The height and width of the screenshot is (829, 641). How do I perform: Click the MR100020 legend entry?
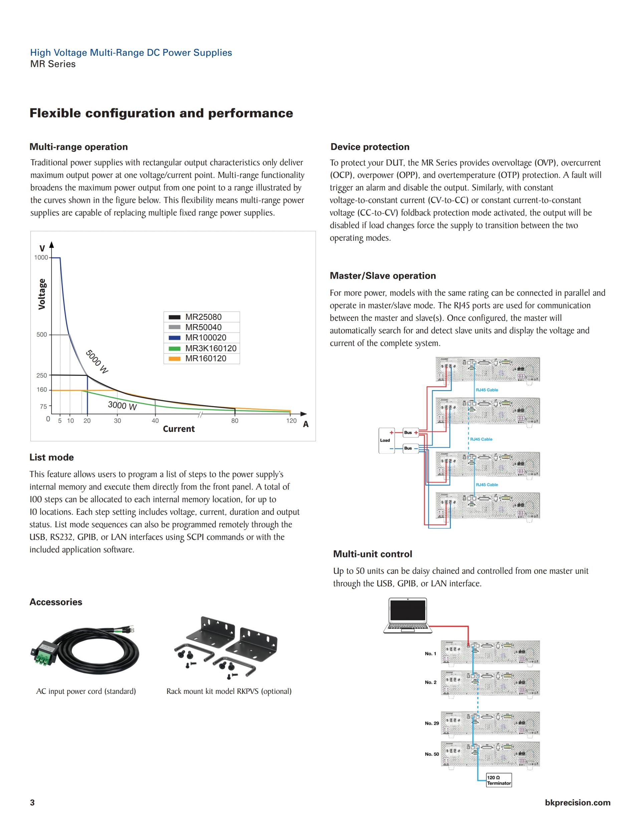[205, 337]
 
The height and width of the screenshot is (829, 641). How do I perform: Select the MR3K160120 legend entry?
[210, 348]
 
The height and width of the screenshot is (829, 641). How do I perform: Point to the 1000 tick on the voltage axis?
[41, 257]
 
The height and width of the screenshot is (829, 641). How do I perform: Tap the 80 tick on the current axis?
[235, 421]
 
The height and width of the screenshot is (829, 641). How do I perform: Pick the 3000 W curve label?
[122, 405]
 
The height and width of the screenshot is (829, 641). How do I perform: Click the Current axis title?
[179, 429]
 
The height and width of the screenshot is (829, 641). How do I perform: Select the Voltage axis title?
[42, 294]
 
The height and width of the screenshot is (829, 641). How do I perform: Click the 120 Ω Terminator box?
[498, 780]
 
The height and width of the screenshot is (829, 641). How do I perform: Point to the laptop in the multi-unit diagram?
[407, 615]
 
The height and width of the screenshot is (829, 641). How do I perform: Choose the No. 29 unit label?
[432, 723]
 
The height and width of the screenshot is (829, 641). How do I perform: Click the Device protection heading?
[370, 147]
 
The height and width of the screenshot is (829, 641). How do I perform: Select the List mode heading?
[52, 458]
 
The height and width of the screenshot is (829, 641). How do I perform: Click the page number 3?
[32, 802]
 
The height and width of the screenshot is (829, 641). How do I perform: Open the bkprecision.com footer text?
[577, 802]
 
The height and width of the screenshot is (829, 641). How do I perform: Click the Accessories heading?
[56, 602]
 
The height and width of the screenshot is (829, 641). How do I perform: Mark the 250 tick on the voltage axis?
[41, 375]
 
